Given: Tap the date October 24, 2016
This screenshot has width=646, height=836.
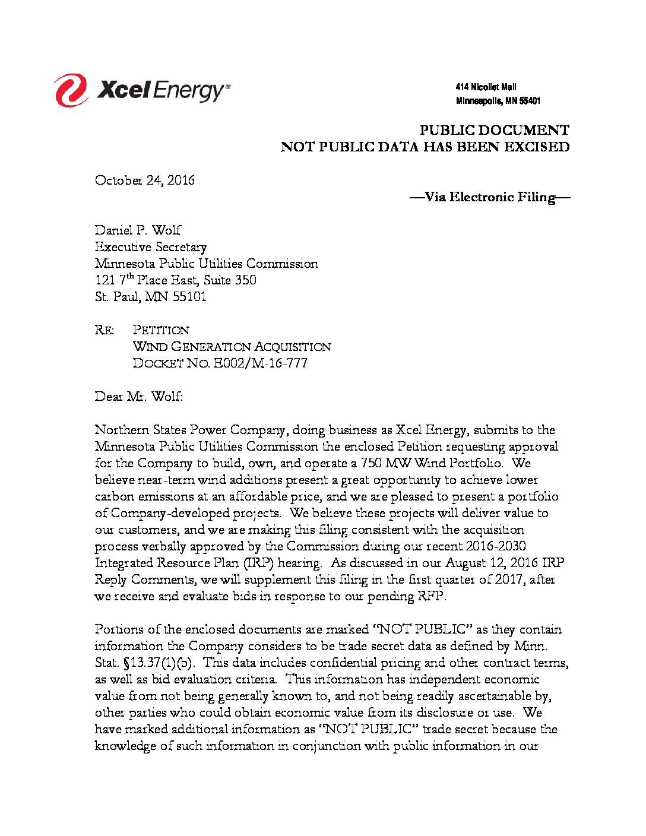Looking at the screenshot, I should click(x=144, y=180).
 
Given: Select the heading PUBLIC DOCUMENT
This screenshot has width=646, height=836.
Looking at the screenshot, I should click(x=494, y=131).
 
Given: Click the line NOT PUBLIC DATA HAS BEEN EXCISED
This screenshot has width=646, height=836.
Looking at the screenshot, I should click(x=425, y=147).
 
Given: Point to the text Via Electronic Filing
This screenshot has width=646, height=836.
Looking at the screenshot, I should click(x=490, y=197).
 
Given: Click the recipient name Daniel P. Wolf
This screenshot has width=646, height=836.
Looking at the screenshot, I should click(x=138, y=230).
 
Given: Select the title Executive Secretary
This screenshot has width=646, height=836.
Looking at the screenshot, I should click(x=151, y=247).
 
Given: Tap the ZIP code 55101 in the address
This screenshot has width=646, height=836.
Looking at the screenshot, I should click(x=189, y=297).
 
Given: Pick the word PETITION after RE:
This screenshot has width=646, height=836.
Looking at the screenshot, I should click(x=161, y=330).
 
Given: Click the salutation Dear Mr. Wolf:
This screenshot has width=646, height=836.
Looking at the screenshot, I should click(x=139, y=397).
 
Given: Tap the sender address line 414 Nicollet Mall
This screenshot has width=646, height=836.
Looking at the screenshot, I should click(x=486, y=87).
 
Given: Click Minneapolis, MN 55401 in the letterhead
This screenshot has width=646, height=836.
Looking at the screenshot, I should click(x=498, y=102).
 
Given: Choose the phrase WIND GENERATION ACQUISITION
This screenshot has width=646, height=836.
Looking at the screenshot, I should click(x=232, y=347).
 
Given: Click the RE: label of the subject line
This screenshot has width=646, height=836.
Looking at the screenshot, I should click(x=104, y=330).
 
